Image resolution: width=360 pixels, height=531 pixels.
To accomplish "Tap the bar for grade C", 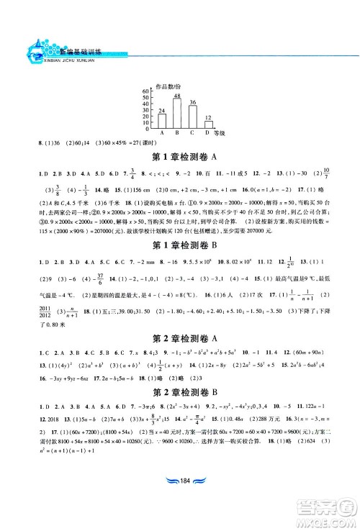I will (x=192, y=117).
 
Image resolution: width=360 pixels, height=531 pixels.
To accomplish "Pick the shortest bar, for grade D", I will (x=207, y=125).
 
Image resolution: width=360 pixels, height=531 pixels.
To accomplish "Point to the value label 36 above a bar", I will (x=192, y=102).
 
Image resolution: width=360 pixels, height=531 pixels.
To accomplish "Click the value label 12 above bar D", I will (x=208, y=117).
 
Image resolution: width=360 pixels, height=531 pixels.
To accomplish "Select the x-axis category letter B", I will (x=177, y=134).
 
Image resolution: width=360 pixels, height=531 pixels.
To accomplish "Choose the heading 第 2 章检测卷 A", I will (x=180, y=335).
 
